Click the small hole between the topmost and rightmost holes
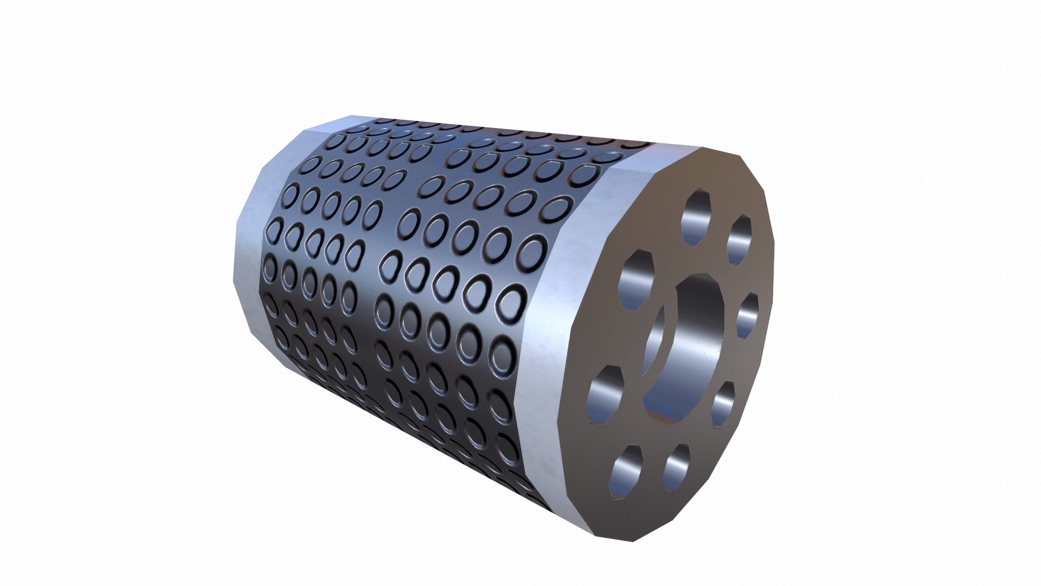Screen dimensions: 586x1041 click(739, 239)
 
